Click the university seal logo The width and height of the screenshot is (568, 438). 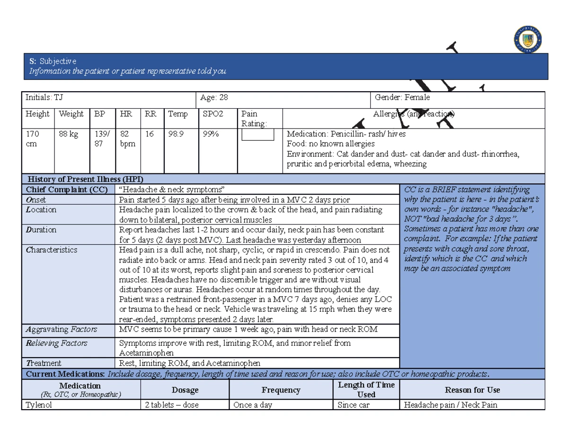527,40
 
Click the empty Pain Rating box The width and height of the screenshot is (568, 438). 258,135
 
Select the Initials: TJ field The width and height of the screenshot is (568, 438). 44,97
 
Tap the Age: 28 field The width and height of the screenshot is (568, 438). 214,97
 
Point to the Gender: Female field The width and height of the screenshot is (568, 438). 402,97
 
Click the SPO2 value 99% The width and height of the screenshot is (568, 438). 211,134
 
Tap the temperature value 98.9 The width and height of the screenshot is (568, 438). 176,134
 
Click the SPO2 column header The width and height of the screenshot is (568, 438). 213,114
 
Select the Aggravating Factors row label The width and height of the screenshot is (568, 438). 61,329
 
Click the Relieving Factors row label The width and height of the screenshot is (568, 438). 56,343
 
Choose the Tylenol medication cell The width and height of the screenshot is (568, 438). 39,405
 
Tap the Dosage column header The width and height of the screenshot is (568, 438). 185,390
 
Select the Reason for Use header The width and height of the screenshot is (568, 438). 472,390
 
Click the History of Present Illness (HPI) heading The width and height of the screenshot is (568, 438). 85,179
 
